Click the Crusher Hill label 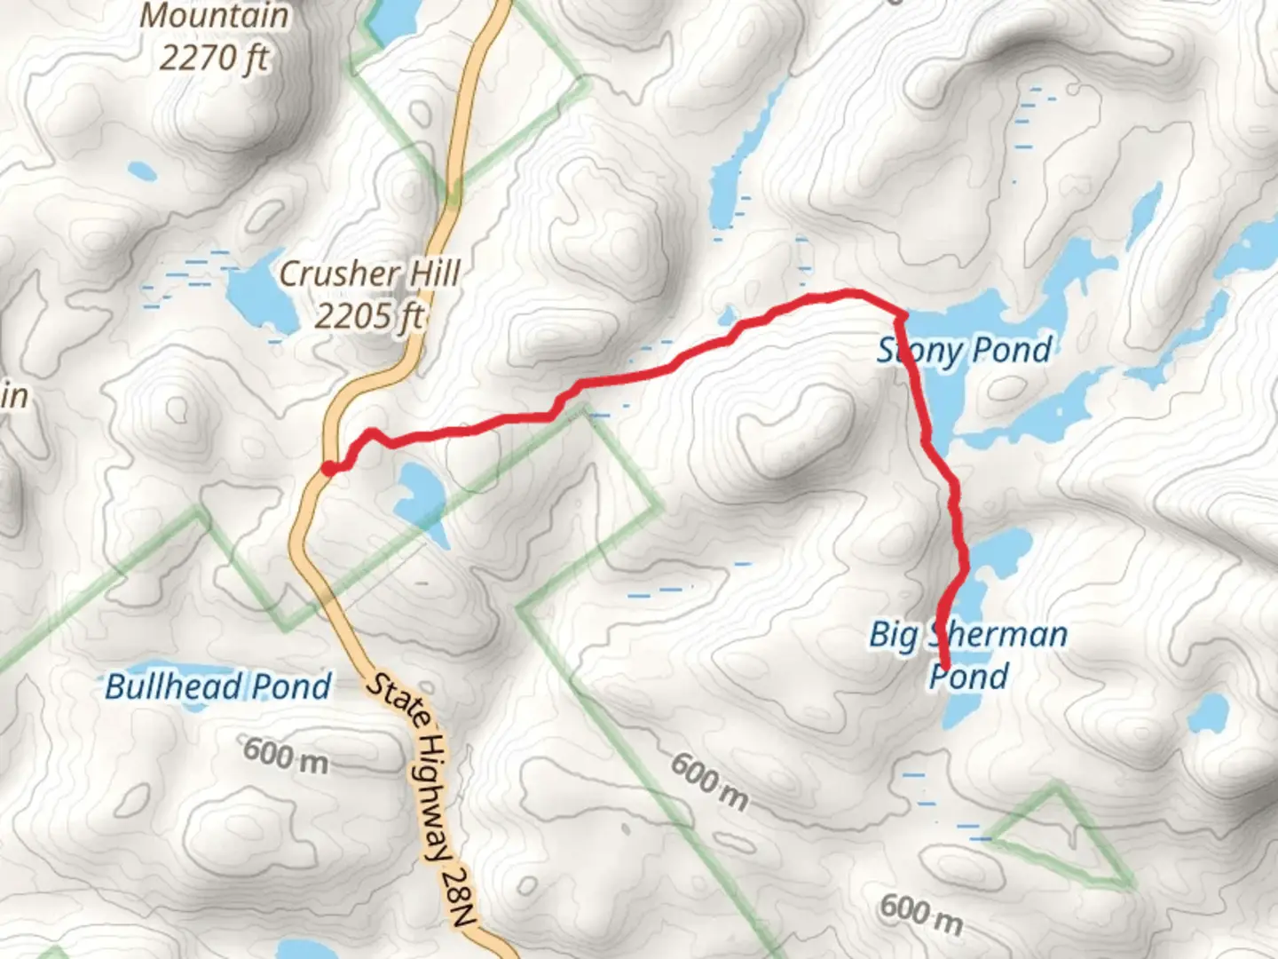point(369,273)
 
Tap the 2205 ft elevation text point(369,315)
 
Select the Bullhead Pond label point(217,686)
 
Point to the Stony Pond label point(965,350)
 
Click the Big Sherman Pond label point(968,654)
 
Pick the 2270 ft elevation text point(213,58)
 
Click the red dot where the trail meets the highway point(328,468)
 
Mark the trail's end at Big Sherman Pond point(945,667)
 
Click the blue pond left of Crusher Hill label point(260,292)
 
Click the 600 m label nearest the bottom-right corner point(921,915)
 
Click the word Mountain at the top point(215,15)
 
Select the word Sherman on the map point(998,634)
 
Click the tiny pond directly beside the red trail point(729,315)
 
